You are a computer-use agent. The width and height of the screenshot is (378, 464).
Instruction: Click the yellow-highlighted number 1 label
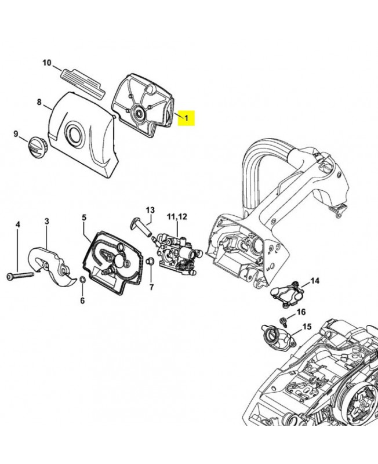pos(186,118)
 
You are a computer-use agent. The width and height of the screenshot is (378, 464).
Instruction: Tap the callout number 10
pos(47,63)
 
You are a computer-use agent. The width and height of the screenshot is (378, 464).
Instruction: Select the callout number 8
pos(39,102)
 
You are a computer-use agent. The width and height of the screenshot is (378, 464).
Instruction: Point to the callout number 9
pos(16,134)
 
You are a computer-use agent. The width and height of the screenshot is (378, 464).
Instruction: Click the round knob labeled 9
pos(37,147)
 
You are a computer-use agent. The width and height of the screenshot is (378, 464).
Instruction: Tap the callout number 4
pos(18,224)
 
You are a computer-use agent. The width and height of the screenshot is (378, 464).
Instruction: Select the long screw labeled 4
pos(20,275)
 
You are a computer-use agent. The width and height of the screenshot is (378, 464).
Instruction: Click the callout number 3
pos(47,222)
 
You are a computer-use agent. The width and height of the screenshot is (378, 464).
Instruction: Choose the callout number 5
pos(84,218)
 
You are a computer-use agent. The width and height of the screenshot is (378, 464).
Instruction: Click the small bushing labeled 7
pos(150,261)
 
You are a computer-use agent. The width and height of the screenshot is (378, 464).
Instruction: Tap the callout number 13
pos(150,210)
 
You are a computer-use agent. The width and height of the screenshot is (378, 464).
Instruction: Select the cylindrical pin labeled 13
pos(140,226)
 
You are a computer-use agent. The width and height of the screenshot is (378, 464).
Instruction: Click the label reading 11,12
pos(177,216)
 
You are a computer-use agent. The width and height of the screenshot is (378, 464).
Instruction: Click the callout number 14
pos(315,281)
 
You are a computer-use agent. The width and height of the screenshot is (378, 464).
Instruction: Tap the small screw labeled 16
pos(283,321)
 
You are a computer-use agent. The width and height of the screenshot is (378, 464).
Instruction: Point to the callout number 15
pos(307,327)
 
